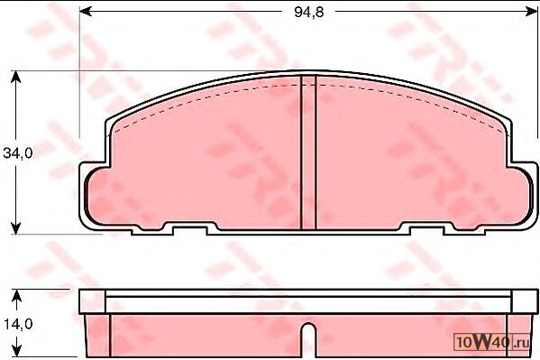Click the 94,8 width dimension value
point(309,12)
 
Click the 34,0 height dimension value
point(18,153)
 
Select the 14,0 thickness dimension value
point(18,324)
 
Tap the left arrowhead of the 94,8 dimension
point(86,12)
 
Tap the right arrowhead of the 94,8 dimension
point(531,12)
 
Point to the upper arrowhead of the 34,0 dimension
point(15,77)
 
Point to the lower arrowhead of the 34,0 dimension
point(15,228)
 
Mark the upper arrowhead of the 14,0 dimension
point(16,295)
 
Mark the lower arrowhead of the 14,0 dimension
point(16,351)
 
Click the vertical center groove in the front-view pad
point(308,152)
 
